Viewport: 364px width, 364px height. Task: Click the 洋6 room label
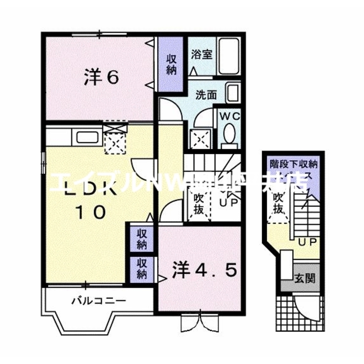[x=102, y=77]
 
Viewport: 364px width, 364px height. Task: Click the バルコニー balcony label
[x=98, y=301]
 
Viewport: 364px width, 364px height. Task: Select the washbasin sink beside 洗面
[x=232, y=93]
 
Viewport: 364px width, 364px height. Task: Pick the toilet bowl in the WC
[x=229, y=134]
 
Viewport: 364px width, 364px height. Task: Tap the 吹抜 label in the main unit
[x=199, y=204]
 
